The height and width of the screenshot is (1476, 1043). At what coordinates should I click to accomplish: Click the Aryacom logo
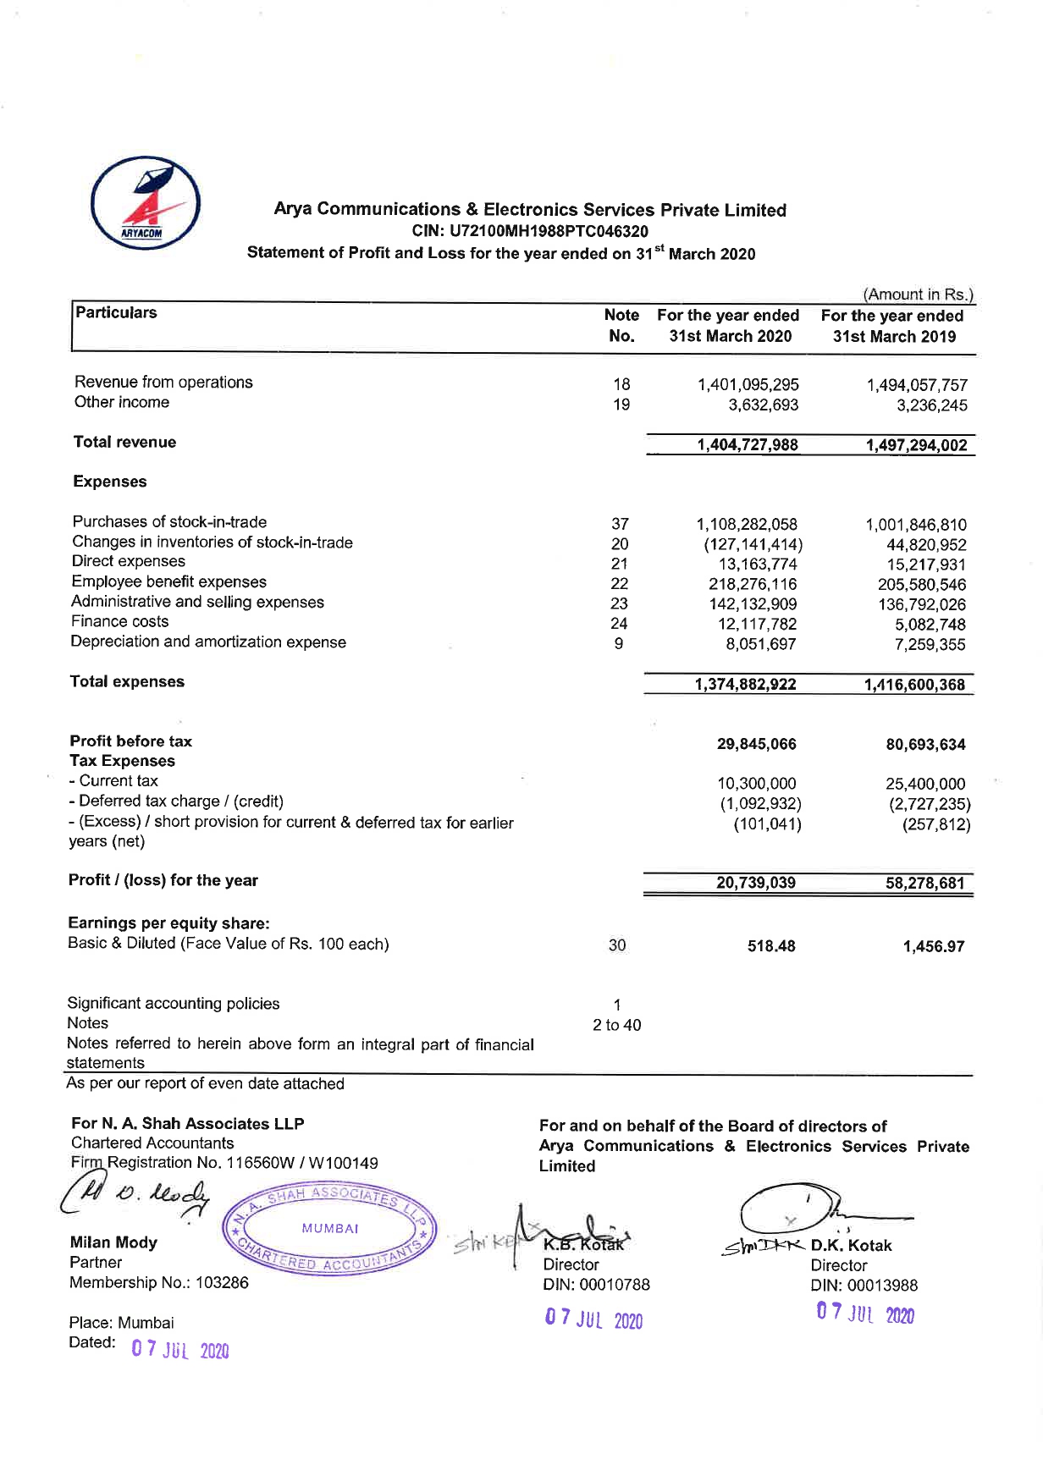coord(146,202)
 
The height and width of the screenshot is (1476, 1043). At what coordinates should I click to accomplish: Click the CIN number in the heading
coord(530,231)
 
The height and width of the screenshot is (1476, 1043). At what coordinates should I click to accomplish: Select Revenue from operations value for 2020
coord(748,385)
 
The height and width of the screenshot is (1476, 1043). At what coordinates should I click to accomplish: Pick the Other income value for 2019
coord(931,405)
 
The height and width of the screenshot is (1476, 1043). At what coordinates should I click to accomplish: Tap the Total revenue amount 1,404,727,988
coord(747,445)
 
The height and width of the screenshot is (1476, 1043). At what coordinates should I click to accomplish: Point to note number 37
coord(620,525)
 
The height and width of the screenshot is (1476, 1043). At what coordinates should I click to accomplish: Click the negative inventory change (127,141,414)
coord(753,545)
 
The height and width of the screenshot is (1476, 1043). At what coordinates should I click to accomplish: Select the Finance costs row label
coord(120,621)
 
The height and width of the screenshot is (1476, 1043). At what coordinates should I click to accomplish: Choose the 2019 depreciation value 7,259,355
coord(930,645)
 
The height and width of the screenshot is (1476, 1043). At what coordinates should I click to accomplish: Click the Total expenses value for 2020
coord(745,685)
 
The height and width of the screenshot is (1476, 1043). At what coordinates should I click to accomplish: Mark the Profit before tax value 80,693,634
coord(925,745)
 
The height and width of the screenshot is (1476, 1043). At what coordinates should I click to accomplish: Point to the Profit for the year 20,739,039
coord(755,884)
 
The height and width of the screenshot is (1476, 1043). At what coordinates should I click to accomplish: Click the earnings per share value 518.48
coord(770,946)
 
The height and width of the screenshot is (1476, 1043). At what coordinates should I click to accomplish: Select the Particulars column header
coord(116,313)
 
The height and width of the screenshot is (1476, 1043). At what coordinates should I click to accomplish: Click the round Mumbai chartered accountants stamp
coord(329,1229)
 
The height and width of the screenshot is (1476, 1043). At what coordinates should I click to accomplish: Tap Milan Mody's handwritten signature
coord(135,1198)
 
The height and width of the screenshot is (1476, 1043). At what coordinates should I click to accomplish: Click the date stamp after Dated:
coord(179,1349)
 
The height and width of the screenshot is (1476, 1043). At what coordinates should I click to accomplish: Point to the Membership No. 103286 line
coord(159,1283)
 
